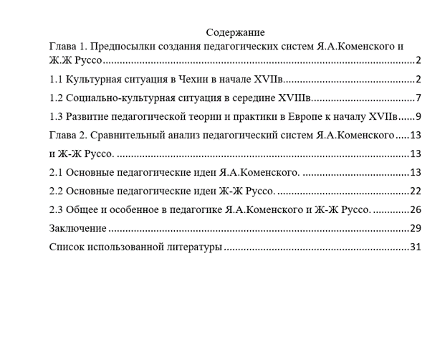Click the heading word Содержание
[x=235, y=32]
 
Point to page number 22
[x=415, y=191]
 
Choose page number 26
[x=415, y=209]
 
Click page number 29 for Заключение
[x=415, y=228]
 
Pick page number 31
[x=415, y=247]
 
